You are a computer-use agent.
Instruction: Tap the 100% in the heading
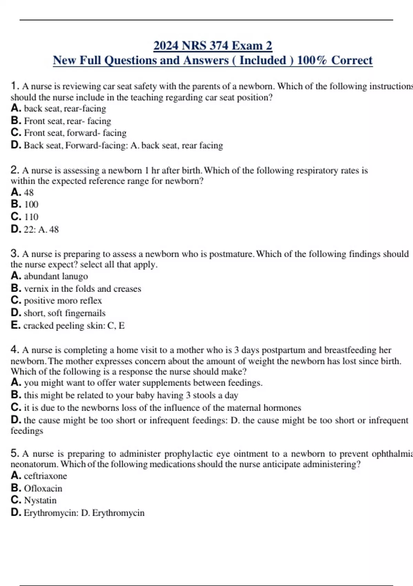point(311,60)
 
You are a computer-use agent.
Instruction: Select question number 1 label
point(14,85)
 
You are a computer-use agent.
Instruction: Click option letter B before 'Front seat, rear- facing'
point(16,121)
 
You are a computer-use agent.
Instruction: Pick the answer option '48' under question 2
point(29,192)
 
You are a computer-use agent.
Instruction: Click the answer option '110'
point(31,217)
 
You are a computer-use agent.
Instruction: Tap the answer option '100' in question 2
point(31,204)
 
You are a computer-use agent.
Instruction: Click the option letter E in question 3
point(15,325)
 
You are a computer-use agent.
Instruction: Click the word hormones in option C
point(282,408)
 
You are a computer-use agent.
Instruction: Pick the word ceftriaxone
point(45,476)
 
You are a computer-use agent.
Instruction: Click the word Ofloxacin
point(43,488)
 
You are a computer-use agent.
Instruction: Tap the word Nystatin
point(40,500)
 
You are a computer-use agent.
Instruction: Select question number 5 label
point(14,453)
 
